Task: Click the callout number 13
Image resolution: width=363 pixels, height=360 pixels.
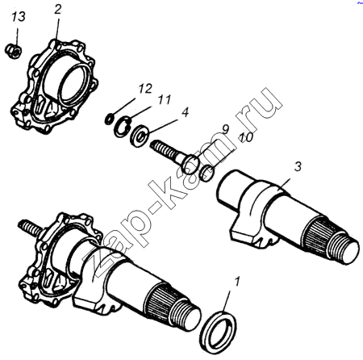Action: (19, 17)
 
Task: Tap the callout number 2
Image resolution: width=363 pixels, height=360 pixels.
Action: (58, 10)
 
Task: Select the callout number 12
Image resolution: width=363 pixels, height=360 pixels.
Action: (145, 89)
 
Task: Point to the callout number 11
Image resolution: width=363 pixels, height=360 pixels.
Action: (165, 100)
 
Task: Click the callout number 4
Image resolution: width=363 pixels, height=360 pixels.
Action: (185, 112)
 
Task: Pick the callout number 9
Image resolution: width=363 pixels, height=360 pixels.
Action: (225, 129)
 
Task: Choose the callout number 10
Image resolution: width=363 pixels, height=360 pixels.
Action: (246, 137)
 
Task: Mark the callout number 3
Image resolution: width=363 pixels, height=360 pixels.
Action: (298, 167)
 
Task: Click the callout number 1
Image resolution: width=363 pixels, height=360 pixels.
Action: (236, 283)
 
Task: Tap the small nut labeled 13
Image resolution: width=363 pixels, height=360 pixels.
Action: (14, 51)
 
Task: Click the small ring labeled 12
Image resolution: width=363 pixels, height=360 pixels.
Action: (109, 119)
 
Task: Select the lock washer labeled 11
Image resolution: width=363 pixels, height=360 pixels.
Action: (122, 126)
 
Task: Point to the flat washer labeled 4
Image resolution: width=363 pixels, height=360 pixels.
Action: (139, 136)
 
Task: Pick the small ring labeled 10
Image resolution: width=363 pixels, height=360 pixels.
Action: (207, 174)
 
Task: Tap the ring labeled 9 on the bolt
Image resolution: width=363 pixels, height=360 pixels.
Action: (191, 164)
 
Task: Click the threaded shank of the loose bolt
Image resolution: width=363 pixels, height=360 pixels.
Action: (164, 150)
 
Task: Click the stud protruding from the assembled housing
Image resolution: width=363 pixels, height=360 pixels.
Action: (31, 228)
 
